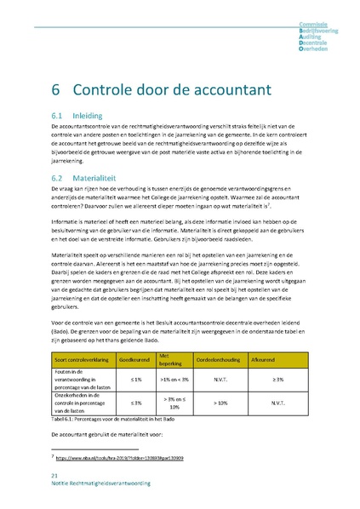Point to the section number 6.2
coord(59,178)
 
